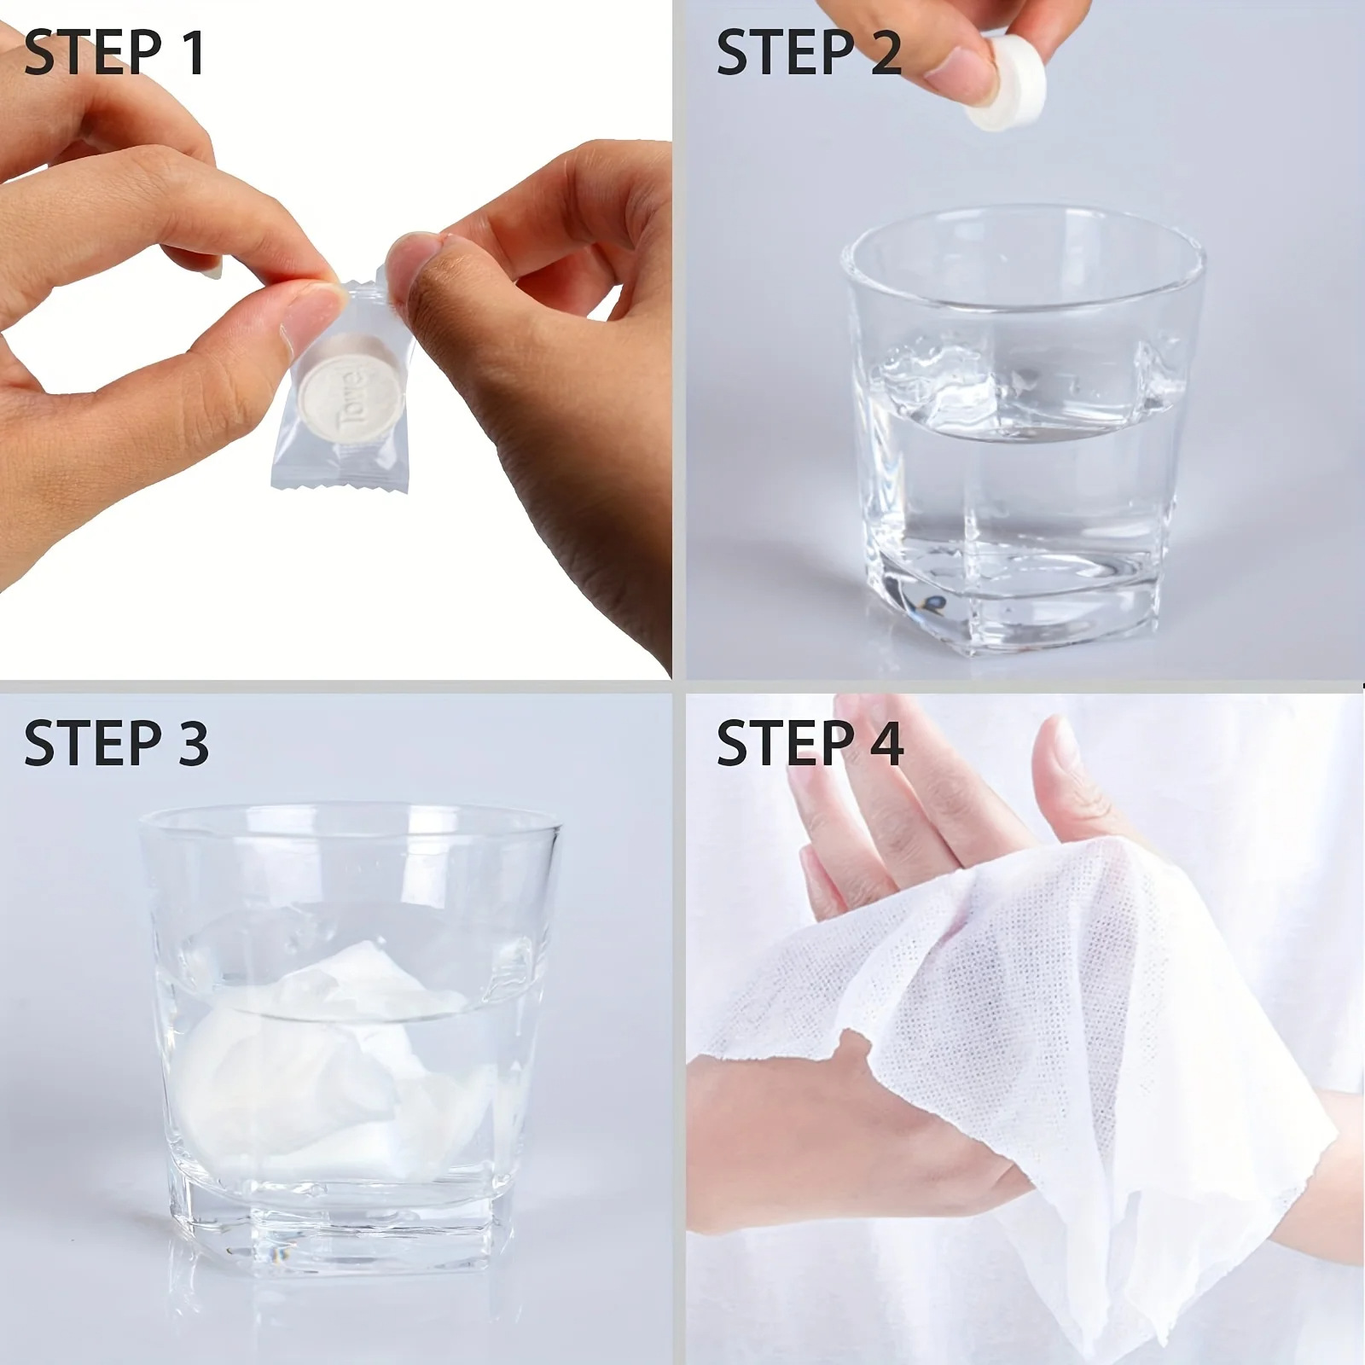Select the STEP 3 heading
pyautogui.click(x=116, y=741)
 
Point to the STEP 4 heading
pyautogui.click(x=810, y=741)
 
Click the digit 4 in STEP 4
pyautogui.click(x=885, y=741)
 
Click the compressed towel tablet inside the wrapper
pyautogui.click(x=350, y=388)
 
